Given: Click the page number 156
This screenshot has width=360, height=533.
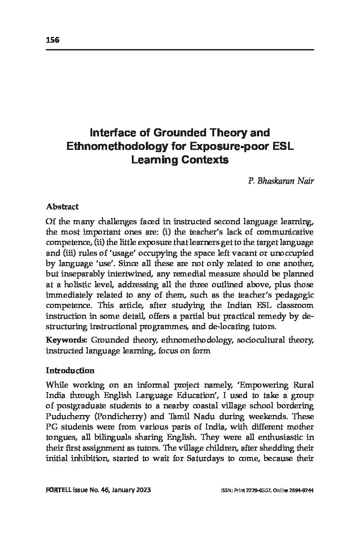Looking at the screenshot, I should [53, 40].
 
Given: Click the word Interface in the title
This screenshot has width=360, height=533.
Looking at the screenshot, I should [111, 133].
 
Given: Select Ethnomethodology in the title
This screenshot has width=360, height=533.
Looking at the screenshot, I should [116, 146].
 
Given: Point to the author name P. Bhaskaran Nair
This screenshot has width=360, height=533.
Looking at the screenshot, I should [280, 181].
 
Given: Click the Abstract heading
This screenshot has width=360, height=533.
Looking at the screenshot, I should [62, 207].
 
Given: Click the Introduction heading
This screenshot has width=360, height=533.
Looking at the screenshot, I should [70, 370].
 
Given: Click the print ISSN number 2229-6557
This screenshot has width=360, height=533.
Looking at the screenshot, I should [253, 491].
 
